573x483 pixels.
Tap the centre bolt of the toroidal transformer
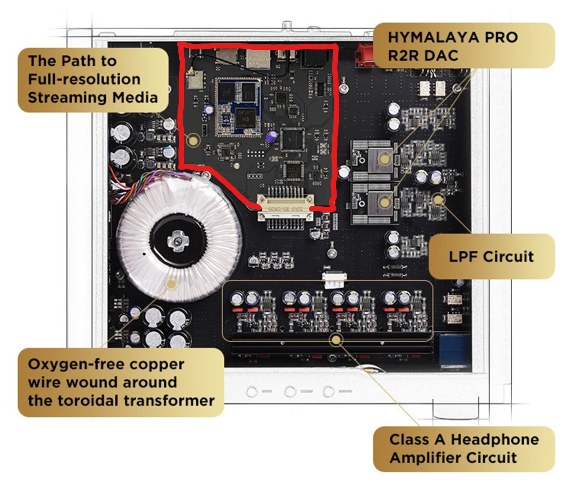click(x=177, y=241)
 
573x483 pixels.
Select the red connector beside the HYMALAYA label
click(x=364, y=54)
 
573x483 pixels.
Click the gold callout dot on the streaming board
click(x=193, y=140)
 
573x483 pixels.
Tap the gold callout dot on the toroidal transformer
click(x=172, y=283)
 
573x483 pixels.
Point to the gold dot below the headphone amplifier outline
click(x=336, y=340)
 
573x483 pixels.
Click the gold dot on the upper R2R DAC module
click(x=384, y=159)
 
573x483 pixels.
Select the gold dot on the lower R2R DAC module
click(x=384, y=202)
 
